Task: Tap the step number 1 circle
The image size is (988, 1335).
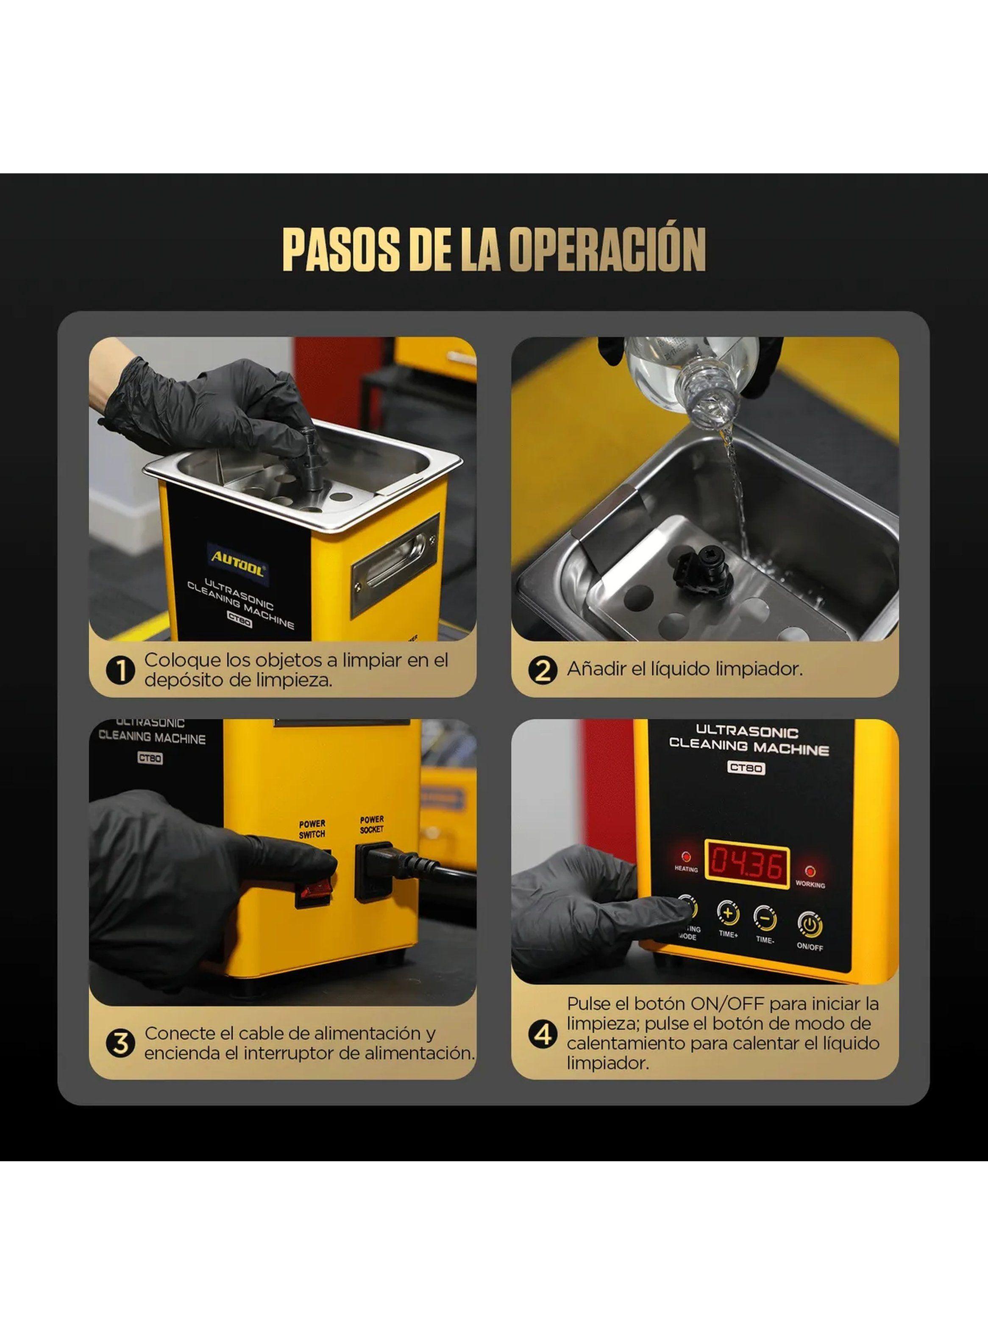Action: point(121,670)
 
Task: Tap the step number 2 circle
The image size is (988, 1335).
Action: point(543,670)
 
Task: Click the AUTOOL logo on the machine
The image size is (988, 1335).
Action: point(237,562)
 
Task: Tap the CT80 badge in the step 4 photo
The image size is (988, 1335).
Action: point(746,768)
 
